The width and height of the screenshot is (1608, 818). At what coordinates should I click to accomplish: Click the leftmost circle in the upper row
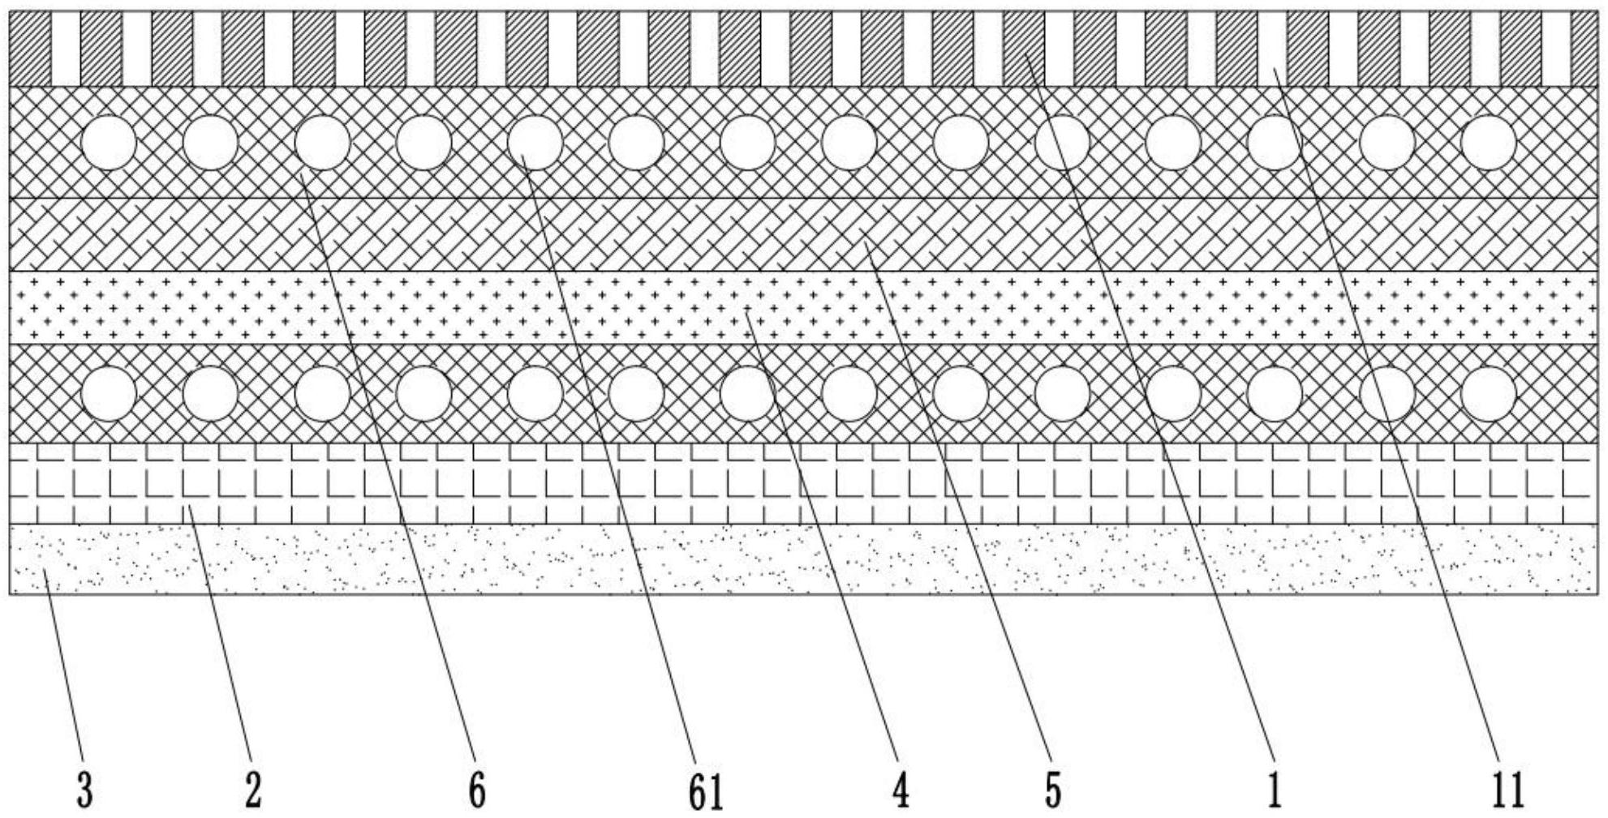110,143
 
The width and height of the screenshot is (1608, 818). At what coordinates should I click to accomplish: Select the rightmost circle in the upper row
1488,143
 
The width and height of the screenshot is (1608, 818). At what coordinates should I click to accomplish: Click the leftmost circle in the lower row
110,394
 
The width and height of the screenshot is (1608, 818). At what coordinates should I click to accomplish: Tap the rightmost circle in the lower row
1488,394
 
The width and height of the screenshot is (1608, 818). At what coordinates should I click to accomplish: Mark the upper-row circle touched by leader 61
535,143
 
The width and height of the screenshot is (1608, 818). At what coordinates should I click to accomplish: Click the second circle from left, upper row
211,143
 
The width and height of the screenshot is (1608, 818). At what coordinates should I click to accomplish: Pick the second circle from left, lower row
211,394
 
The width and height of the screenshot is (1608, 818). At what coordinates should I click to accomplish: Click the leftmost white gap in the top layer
66,49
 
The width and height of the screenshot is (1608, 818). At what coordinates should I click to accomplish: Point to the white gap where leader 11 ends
1272,49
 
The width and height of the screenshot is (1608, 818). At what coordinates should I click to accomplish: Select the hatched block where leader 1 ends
1024,49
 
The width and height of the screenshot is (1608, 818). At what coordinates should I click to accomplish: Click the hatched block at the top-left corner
30,49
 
